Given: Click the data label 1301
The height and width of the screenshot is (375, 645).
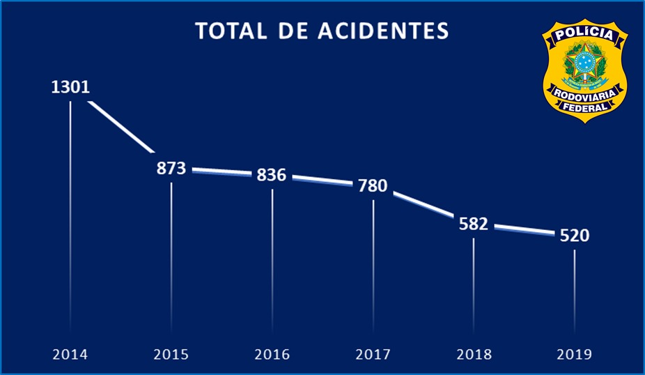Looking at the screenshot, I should pyautogui.click(x=70, y=89).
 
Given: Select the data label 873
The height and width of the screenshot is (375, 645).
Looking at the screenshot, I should pyautogui.click(x=171, y=168).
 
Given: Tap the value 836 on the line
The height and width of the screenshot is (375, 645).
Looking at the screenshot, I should pyautogui.click(x=272, y=175).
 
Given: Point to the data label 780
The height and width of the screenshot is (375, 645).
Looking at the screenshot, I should pyautogui.click(x=373, y=186).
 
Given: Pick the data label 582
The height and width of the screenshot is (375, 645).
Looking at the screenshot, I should pyautogui.click(x=474, y=224).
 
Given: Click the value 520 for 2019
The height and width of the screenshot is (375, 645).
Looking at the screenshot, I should pyautogui.click(x=575, y=236).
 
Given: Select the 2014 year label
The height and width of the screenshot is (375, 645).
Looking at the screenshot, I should pyautogui.click(x=70, y=354).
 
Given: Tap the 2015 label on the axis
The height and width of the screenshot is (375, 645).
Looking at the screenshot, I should pyautogui.click(x=171, y=354).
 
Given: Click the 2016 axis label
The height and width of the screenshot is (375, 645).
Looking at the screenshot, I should pyautogui.click(x=272, y=354).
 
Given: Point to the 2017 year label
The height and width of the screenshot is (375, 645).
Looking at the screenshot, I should pyautogui.click(x=373, y=354).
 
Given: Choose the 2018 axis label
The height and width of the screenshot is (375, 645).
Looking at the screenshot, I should pyautogui.click(x=474, y=354).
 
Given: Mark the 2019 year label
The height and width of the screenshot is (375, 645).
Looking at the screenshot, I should pyautogui.click(x=575, y=354).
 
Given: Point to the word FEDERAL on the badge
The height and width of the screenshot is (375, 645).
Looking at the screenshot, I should pyautogui.click(x=585, y=107).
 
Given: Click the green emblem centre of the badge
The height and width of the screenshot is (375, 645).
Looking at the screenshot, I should pyautogui.click(x=585, y=64).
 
